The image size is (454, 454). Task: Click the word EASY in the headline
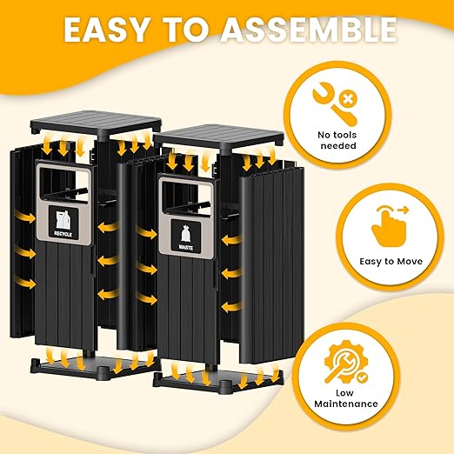point(103,31)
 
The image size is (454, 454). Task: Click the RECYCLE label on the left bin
point(63,234)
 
